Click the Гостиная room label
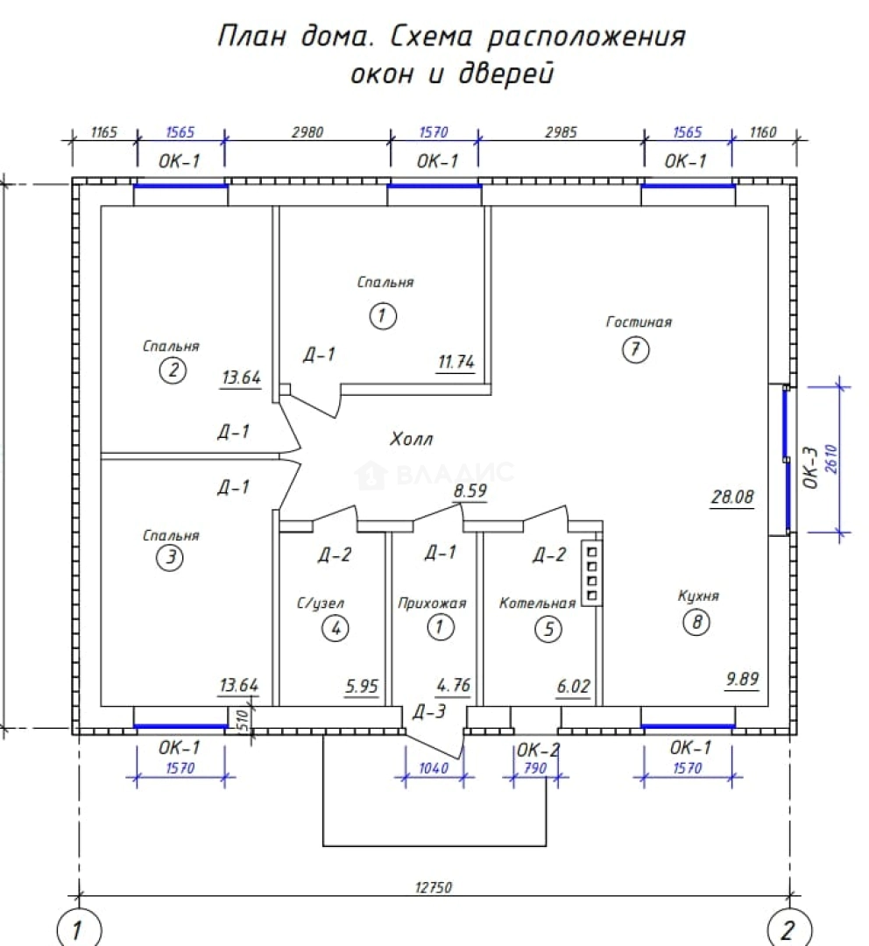coord(639,322)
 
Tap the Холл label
coord(411,439)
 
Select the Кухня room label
coord(698,597)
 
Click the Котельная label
coord(537,604)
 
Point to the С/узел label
coord(321,604)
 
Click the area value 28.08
coord(732,497)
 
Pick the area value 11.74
coord(456,362)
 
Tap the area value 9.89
coord(742,680)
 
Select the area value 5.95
coord(362,686)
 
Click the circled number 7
coord(635,349)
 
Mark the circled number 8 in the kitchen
coord(696,622)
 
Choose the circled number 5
coord(548,629)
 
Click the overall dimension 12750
coord(434,887)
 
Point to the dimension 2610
coord(830,459)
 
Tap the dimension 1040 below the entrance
coord(434,768)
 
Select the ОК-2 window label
coord(538,750)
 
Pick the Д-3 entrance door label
coord(429,712)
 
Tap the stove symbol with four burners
coord(591,573)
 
